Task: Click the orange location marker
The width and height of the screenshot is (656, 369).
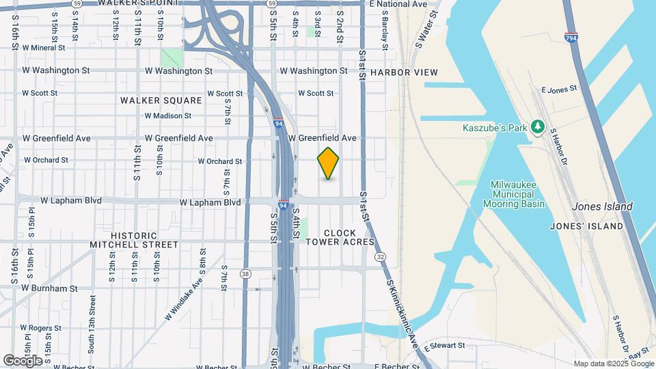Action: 328,163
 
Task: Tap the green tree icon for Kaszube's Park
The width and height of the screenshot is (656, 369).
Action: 538,126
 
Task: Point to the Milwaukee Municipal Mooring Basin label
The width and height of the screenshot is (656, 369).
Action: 514,194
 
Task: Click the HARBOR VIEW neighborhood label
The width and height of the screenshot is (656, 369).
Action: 404,72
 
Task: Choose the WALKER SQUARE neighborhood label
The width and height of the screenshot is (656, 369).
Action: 161,100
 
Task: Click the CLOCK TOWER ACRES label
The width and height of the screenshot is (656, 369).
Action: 340,237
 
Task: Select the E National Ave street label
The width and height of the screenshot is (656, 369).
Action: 398,4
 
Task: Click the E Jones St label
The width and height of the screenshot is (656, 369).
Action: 559,90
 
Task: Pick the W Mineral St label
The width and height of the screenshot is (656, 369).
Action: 43,49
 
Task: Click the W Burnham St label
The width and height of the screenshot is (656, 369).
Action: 49,288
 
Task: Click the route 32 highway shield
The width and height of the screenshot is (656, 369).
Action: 380,257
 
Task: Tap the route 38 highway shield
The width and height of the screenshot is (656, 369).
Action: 245,274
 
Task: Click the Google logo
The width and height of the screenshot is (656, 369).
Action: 23,360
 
